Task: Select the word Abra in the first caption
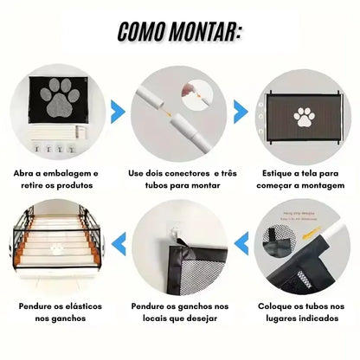click(x=26, y=173)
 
